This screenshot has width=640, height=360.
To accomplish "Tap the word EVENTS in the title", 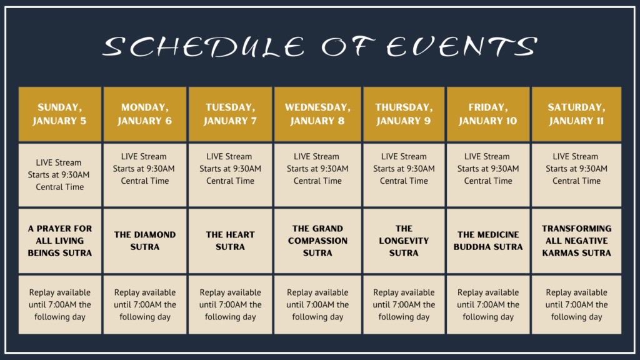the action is coord(462,46).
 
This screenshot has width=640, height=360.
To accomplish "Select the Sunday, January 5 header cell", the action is coord(59,114).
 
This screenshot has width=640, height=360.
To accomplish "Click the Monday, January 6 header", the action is coord(145,114).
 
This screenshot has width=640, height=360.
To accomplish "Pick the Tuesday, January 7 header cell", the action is coord(230,114).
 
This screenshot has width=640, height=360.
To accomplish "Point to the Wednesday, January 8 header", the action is coord(317,114).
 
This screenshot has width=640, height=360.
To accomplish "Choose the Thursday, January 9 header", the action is coord(404,114).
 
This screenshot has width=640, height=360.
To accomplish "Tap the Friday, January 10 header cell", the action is coord(488,114).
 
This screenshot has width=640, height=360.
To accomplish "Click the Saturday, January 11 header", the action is coord(576,114).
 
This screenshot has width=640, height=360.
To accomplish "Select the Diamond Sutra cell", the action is coord(145,241).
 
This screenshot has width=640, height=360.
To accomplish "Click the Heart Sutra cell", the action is coord(230,241).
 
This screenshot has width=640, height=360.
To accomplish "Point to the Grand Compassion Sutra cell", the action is coord(317,241).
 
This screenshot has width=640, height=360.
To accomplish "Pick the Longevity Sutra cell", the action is coord(404,241).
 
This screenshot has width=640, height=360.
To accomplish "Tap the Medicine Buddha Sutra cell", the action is coord(488,241).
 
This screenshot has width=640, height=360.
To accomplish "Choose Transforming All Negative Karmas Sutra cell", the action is coord(576,241).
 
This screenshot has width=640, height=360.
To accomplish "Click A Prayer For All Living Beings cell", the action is coord(59,241).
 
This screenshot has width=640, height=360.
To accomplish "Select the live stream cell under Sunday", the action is coord(59,175).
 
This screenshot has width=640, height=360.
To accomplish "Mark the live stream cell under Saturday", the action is coord(576,175).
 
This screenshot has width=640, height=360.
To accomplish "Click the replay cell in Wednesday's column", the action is coord(317,304).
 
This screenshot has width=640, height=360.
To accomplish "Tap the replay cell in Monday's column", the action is coord(145,304).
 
